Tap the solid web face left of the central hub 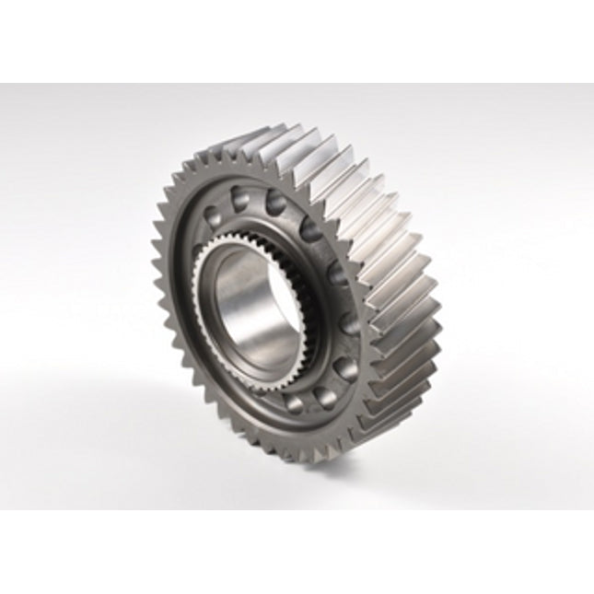(184, 276)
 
